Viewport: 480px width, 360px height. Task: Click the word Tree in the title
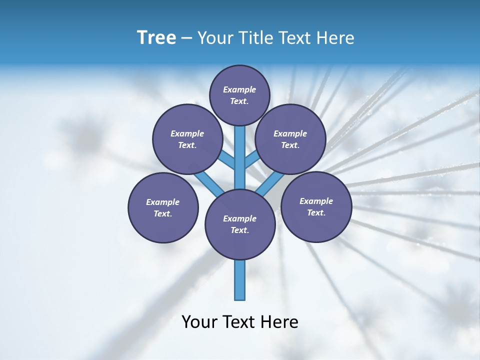click(x=156, y=38)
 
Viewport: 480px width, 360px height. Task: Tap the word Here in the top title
click(x=335, y=38)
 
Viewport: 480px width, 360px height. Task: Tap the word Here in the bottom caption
click(x=280, y=322)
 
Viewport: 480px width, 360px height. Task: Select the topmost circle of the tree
click(x=239, y=95)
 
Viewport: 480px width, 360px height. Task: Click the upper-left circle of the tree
click(x=187, y=139)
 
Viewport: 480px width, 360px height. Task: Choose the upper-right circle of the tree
click(x=290, y=139)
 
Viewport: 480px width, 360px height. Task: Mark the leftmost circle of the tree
click(x=163, y=207)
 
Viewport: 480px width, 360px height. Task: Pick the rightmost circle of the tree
click(x=316, y=206)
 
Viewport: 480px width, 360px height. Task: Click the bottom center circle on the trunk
click(x=240, y=224)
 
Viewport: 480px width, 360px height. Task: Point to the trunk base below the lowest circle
click(x=240, y=280)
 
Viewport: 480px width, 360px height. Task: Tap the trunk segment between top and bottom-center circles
click(x=240, y=157)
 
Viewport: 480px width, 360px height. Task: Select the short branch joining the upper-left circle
click(x=227, y=161)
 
